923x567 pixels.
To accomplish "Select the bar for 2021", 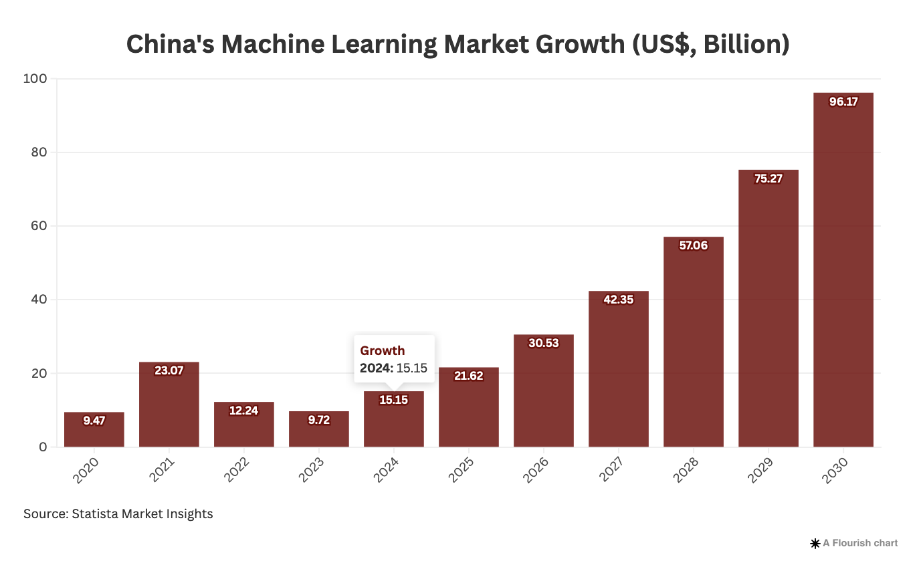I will [x=169, y=408].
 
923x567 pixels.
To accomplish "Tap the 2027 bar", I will [x=618, y=374].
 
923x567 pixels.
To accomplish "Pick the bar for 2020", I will [x=94, y=431].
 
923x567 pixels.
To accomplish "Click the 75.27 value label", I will [x=768, y=179].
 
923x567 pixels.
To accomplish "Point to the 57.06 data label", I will [x=693, y=245].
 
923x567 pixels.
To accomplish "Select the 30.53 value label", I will [x=543, y=343].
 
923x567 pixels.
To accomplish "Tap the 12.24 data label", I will [x=243, y=411].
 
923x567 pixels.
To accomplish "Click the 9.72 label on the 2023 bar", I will [x=318, y=421].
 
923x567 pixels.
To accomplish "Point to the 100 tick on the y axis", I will [x=35, y=79].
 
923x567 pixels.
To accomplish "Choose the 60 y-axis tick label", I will [x=38, y=226].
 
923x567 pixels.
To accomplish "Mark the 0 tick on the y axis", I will [x=43, y=447].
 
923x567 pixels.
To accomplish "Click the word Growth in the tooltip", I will [x=383, y=351].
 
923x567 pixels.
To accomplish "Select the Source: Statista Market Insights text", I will [x=118, y=514].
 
